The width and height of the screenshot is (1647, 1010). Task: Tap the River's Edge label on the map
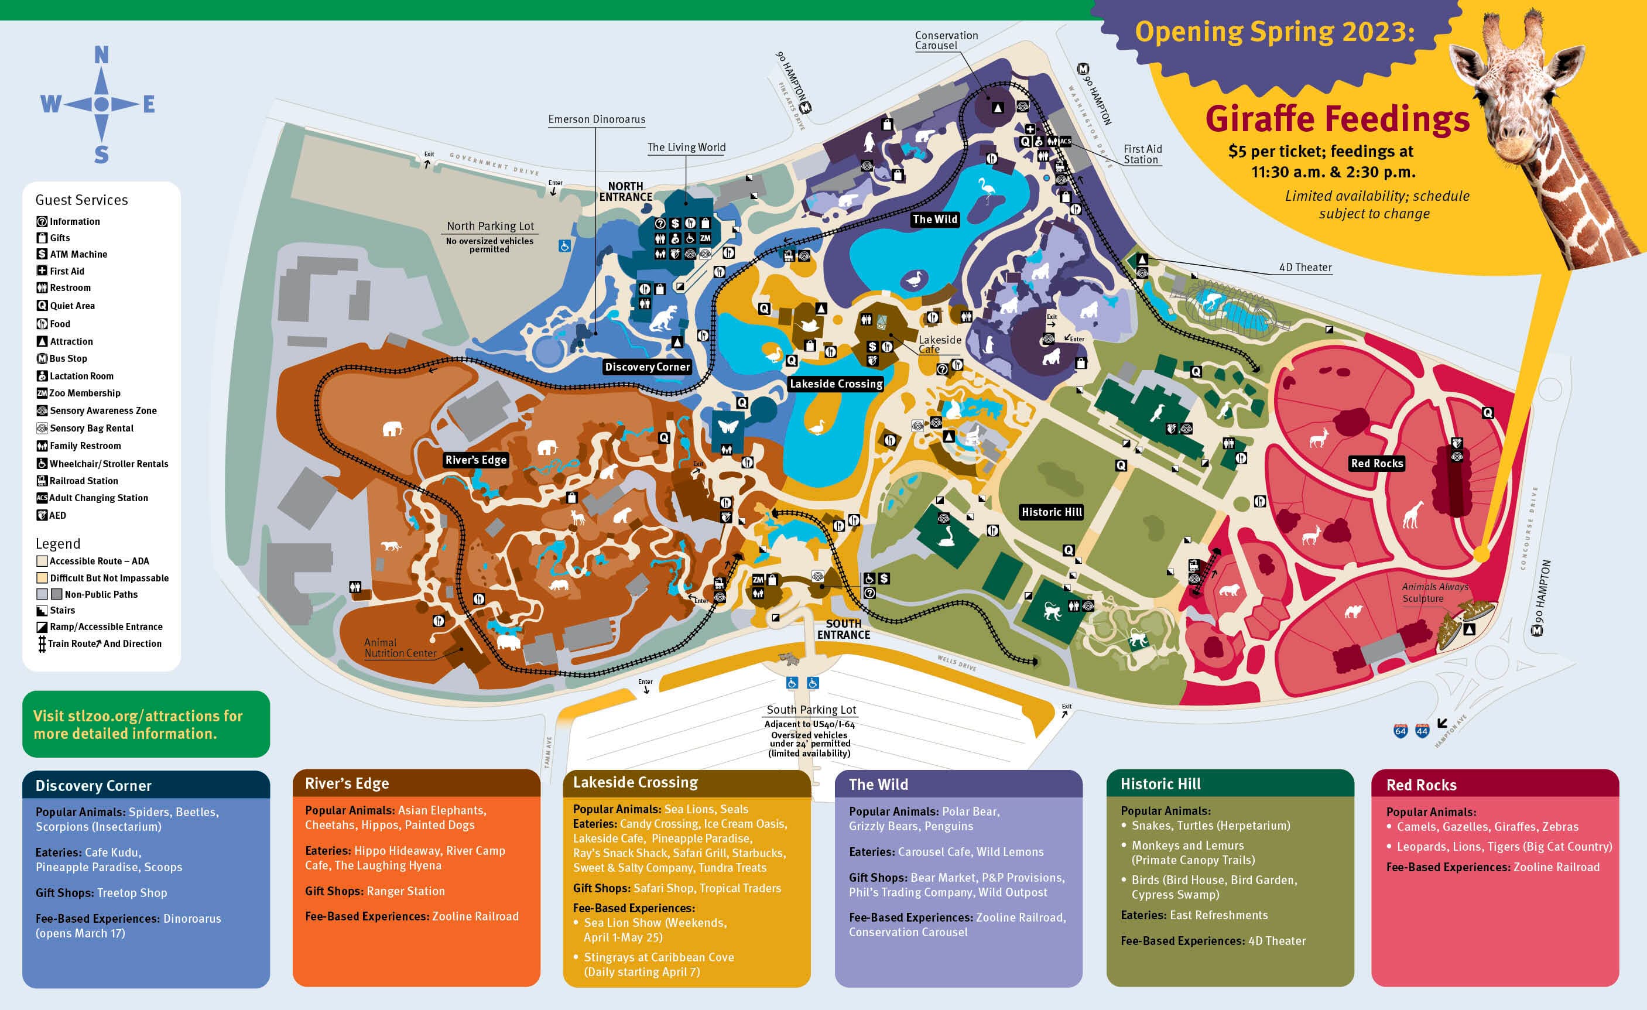point(476,460)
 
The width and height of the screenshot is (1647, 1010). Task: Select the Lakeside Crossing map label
point(836,384)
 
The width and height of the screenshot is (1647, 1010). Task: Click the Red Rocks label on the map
point(1377,463)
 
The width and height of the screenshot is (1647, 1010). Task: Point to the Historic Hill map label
point(1051,512)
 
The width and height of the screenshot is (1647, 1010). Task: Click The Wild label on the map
point(934,219)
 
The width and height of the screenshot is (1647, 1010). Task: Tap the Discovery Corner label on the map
point(646,367)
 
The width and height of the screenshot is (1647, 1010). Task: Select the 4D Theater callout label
point(1304,268)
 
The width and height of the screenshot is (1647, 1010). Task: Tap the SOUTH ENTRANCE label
point(843,629)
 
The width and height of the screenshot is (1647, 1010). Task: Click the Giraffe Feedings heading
point(1337,119)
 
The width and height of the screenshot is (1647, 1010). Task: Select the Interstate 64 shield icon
point(1400,731)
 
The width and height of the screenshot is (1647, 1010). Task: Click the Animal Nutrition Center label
point(400,648)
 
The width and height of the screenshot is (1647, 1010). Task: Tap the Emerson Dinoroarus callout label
point(596,119)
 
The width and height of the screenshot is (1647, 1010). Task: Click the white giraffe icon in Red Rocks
point(1412,514)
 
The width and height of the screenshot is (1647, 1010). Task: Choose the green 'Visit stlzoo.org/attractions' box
point(146,724)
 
